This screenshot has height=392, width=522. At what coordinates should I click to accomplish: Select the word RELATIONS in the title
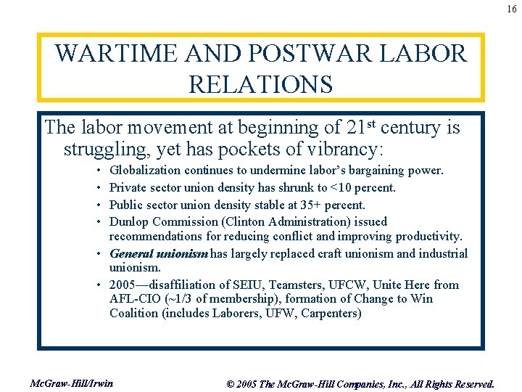(x=260, y=84)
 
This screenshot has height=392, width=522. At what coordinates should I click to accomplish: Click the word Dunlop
(x=128, y=221)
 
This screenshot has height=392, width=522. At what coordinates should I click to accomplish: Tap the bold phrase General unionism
(x=159, y=253)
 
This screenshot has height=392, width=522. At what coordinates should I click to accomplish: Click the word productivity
(x=431, y=237)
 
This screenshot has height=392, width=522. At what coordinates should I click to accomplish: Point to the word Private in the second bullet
(x=129, y=188)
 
